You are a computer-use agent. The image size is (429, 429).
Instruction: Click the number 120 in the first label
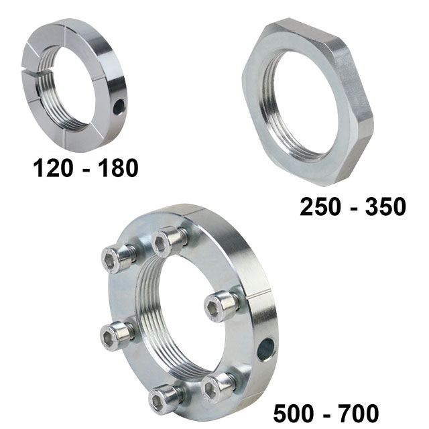53,168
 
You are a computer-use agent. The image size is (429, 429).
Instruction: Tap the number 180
118,168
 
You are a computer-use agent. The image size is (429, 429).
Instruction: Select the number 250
320,206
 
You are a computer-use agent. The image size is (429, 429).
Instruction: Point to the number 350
386,206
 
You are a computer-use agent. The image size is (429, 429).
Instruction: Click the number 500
294,414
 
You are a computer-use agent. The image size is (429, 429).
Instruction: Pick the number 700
359,414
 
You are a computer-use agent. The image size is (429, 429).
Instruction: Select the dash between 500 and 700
326,416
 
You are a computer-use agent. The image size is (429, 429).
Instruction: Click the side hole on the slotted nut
119,107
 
